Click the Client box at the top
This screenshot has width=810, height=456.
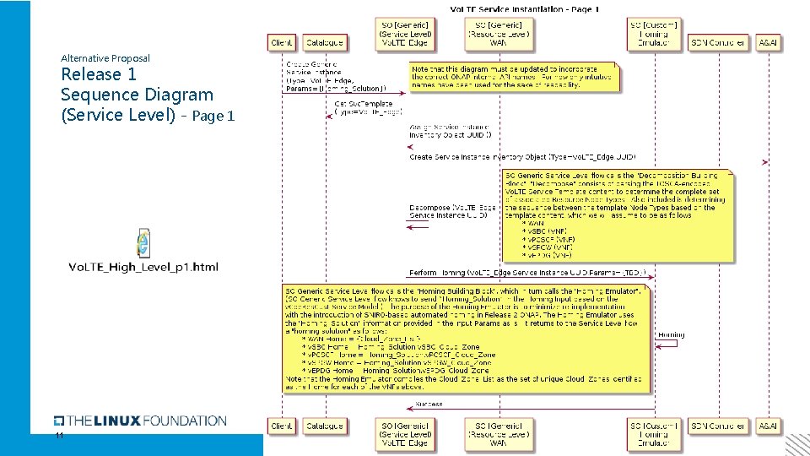281,42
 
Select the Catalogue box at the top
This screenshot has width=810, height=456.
324,42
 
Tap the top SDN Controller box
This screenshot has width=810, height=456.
717,42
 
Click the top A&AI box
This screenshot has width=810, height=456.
769,42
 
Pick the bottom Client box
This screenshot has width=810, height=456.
281,426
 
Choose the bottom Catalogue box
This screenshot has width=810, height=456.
324,426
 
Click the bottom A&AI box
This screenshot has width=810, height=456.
769,426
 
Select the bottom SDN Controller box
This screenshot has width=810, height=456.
717,426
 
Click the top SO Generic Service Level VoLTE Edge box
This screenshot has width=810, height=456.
406,34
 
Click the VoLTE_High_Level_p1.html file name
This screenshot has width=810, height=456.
143,268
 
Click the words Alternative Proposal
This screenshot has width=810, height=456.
105,58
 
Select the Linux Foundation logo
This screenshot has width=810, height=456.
140,421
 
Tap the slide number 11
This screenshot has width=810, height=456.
59,436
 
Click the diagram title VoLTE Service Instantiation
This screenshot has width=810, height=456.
524,9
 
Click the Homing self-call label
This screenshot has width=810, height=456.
672,334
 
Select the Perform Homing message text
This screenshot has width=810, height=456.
527,272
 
